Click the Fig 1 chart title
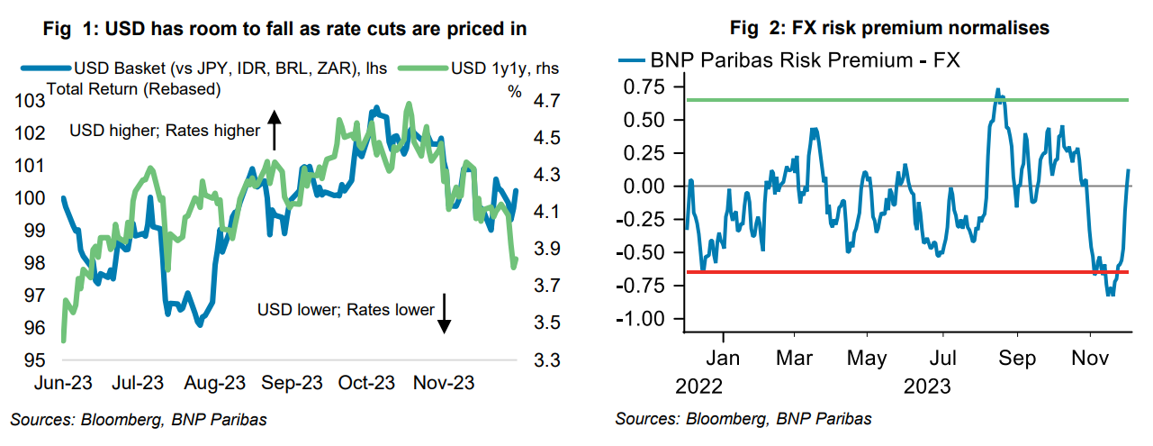click(286, 29)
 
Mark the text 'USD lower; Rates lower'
click(346, 310)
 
